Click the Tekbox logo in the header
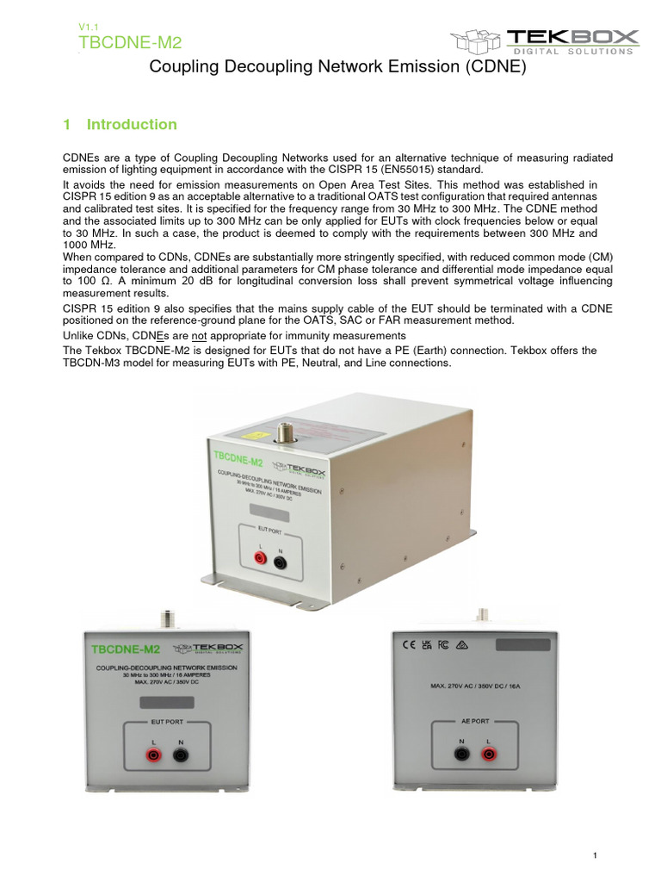click(x=545, y=40)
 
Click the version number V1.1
click(x=89, y=28)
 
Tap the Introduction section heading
click(x=120, y=125)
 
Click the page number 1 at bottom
click(x=595, y=854)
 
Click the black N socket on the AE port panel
click(x=461, y=755)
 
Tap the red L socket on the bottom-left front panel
click(x=153, y=755)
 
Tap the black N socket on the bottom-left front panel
click(x=181, y=755)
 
